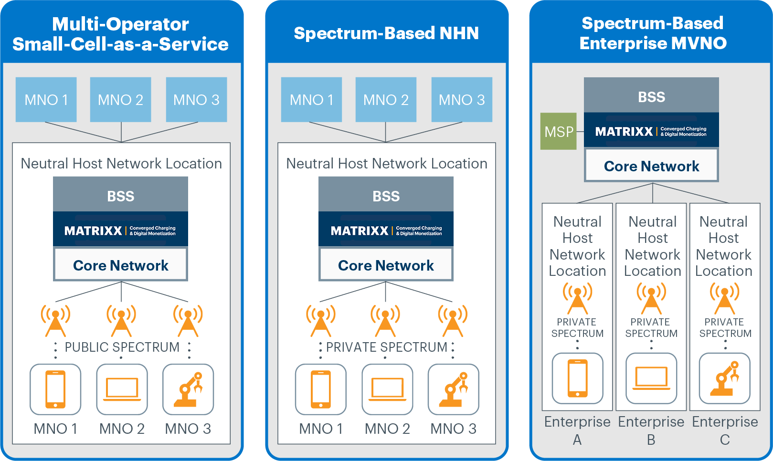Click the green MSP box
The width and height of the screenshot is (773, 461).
pos(558,131)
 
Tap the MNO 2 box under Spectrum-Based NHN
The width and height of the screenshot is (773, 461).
pos(386,100)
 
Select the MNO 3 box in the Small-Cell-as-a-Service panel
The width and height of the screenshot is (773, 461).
pos(196,100)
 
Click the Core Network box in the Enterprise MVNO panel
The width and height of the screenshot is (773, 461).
pos(651,166)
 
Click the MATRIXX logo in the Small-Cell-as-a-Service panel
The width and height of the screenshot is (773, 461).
pos(94,231)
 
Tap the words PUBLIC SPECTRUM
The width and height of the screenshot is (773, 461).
pos(122,347)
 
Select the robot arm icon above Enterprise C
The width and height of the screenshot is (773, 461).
pos(724,378)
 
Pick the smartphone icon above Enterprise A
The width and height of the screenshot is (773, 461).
pos(577,378)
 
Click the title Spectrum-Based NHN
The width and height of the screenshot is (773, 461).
pos(386,33)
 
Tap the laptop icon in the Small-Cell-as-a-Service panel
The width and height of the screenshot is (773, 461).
pos(122,389)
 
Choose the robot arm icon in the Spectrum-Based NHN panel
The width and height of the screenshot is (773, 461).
pos(453,389)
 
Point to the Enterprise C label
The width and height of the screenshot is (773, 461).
pos(725,430)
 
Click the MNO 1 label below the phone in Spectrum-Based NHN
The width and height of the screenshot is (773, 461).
pos(321,429)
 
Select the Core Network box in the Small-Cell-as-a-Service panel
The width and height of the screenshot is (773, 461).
pos(120,265)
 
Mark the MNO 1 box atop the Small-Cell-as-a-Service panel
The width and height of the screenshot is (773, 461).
pos(46,100)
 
